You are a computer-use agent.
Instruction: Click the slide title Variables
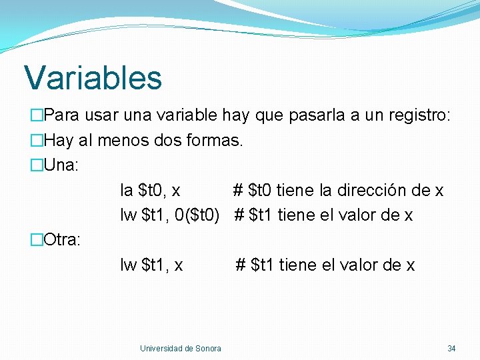coord(93,77)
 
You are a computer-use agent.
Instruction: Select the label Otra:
coord(62,240)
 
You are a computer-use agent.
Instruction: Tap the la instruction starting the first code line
coord(126,191)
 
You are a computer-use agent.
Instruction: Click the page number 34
coord(451,349)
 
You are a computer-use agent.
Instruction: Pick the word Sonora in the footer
coord(209,349)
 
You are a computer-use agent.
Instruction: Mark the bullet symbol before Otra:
coord(36,240)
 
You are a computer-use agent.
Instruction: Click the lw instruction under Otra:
coord(129,265)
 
